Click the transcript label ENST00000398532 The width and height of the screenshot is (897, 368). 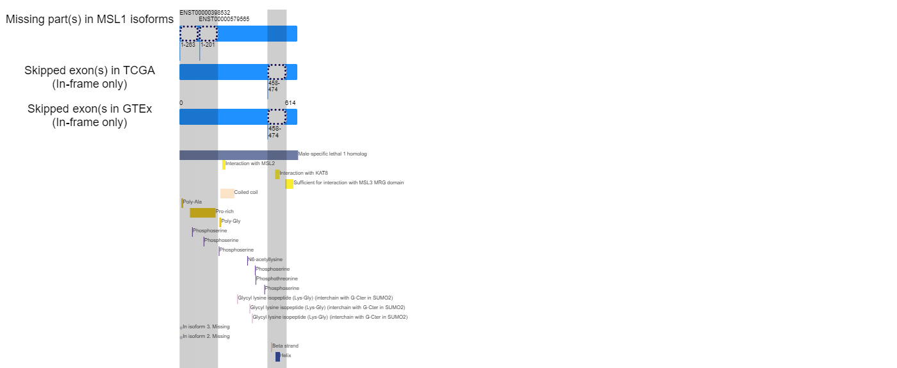coord(204,13)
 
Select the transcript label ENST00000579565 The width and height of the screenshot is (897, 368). coord(224,19)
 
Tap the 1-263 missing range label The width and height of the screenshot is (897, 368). coord(188,45)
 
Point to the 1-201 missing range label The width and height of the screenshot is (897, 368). coord(208,45)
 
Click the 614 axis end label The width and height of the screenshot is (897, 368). coord(290,103)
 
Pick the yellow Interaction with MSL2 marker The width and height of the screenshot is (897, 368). coord(224,165)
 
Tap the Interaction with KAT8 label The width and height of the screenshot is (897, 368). coord(304,173)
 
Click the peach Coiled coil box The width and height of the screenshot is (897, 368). coord(227,193)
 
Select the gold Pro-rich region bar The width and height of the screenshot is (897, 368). coord(202,212)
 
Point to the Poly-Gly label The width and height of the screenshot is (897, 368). coord(231,221)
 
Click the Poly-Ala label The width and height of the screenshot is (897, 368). coord(192,202)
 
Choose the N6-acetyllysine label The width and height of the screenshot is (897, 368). coord(265,259)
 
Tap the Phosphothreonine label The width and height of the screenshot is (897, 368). coord(277,278)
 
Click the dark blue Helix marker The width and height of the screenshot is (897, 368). coord(278,357)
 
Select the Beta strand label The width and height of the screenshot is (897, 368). coord(286,346)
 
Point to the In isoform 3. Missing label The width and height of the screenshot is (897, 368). coord(206,326)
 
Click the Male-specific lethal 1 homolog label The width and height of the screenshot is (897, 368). coord(333,154)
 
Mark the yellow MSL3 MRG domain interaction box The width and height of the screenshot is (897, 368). coord(289,184)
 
